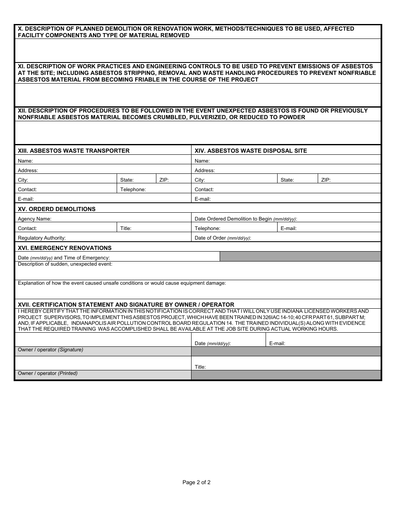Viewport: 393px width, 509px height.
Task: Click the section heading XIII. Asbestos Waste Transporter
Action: (x=74, y=151)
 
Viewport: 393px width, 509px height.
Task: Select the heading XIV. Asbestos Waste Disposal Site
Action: (x=251, y=151)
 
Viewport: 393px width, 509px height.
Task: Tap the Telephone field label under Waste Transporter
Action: (x=133, y=190)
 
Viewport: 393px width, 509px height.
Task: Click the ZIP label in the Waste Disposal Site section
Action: (x=326, y=180)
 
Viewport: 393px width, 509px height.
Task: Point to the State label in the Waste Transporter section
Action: (x=127, y=180)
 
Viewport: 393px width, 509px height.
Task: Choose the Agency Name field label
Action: (x=34, y=219)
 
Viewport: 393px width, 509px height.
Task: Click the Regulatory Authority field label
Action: (x=42, y=238)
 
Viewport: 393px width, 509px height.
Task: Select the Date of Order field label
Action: (x=223, y=238)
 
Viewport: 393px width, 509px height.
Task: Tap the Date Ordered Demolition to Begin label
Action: (x=246, y=219)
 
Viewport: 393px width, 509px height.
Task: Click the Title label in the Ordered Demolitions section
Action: (x=126, y=228)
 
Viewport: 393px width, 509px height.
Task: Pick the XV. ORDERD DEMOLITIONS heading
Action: (x=57, y=209)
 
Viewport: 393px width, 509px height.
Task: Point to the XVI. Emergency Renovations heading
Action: (x=65, y=248)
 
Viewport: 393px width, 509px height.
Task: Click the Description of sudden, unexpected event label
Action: (x=65, y=264)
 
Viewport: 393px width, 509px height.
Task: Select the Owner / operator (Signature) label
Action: (x=50, y=350)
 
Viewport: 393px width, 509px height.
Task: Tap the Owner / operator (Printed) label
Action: (x=48, y=373)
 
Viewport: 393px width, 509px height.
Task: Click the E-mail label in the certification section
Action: (x=277, y=343)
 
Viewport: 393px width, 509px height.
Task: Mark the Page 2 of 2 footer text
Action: (x=196, y=482)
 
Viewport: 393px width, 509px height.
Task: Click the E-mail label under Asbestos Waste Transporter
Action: (x=26, y=199)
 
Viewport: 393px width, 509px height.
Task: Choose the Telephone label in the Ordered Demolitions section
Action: (x=207, y=228)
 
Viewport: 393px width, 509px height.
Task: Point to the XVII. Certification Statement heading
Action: (x=126, y=305)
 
